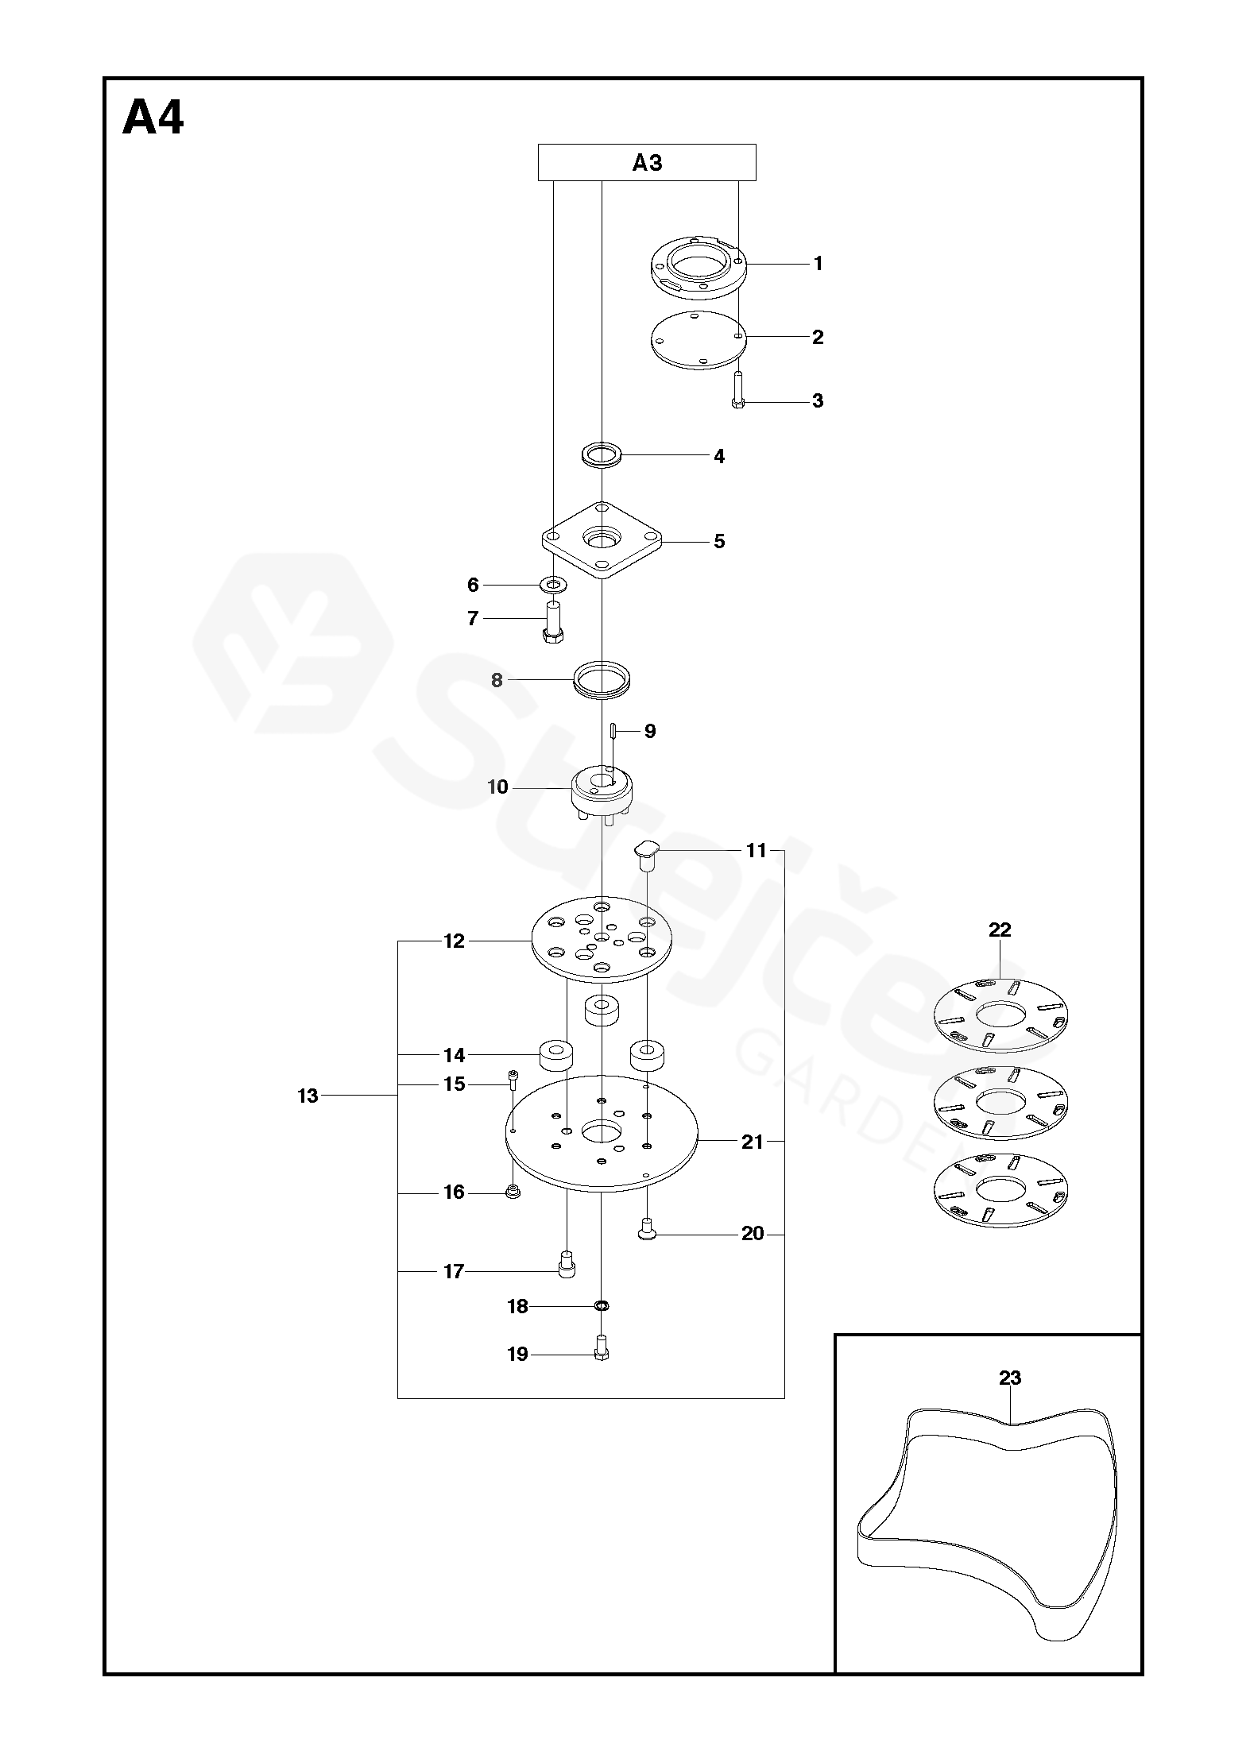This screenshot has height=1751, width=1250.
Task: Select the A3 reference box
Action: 647,163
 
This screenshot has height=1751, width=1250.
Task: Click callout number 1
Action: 818,264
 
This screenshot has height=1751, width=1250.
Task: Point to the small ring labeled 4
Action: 602,455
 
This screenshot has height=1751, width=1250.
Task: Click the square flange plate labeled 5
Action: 602,541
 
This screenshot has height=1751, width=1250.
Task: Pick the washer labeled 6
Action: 553,586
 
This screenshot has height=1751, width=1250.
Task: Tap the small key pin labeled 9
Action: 613,730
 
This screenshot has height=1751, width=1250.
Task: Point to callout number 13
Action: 308,1096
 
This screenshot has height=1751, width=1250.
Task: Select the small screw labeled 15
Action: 513,1078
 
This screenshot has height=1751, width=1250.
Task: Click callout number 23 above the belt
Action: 1009,1378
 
